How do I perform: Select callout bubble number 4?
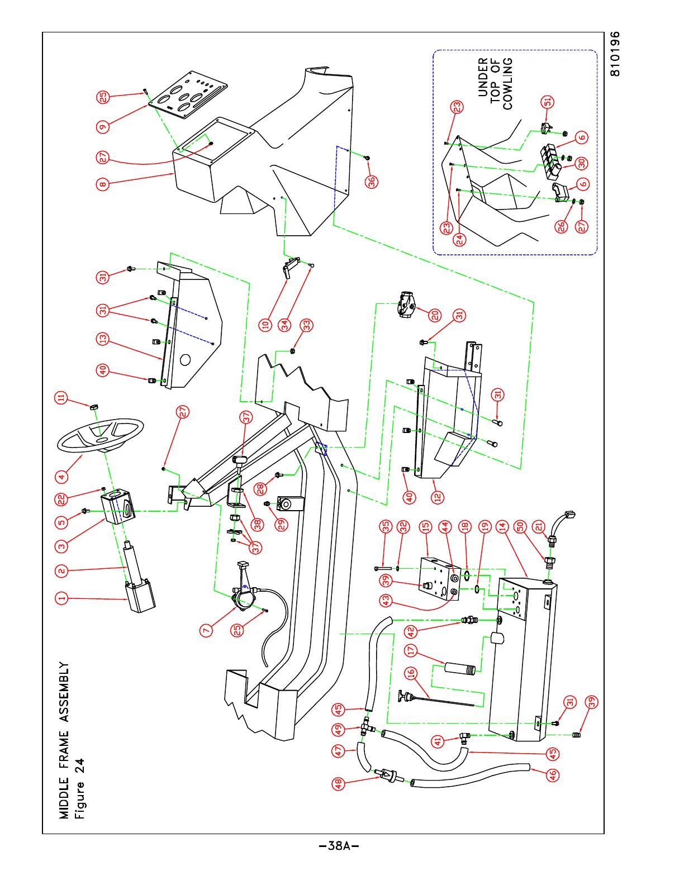(x=61, y=477)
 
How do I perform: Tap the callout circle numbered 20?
(x=435, y=316)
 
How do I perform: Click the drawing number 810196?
(x=615, y=54)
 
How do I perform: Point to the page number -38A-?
(x=339, y=845)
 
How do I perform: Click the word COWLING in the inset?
(x=507, y=84)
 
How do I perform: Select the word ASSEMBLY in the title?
(x=65, y=692)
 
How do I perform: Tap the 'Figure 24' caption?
(x=80, y=788)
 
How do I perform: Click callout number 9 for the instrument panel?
(x=103, y=127)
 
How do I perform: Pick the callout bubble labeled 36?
(x=372, y=182)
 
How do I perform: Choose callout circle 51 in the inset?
(x=548, y=102)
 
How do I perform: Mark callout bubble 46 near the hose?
(x=552, y=775)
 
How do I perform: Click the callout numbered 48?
(x=339, y=784)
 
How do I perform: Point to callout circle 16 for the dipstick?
(x=411, y=673)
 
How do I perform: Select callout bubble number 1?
(x=61, y=598)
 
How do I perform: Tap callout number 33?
(x=307, y=325)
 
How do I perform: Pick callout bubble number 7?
(x=206, y=630)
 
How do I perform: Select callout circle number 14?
(x=502, y=526)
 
